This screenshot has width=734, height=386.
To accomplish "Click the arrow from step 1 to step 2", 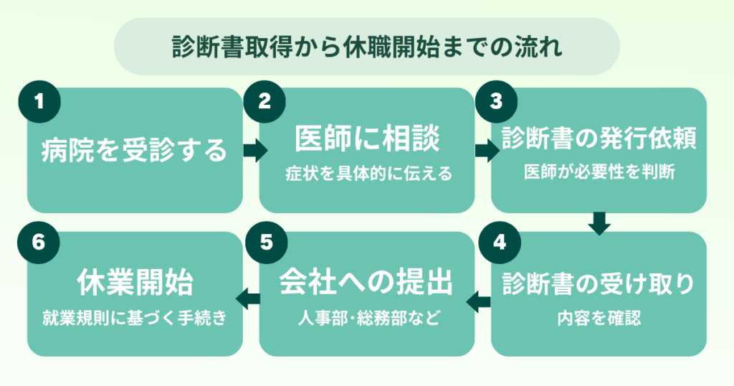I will click(253, 151).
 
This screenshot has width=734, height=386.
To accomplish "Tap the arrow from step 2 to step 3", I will click(485, 151).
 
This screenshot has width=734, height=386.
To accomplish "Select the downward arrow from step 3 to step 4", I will click(599, 222).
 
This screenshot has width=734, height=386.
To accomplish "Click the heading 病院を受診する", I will click(134, 151).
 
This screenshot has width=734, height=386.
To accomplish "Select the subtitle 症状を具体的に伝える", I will click(366, 174).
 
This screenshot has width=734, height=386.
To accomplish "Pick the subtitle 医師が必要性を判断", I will click(599, 174).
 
